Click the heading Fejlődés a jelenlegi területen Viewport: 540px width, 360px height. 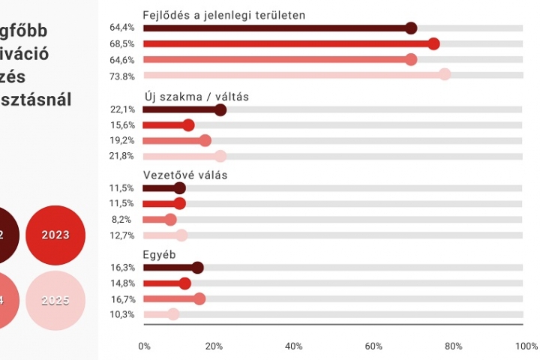pos(223,15)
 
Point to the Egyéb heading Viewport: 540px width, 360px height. pos(159,254)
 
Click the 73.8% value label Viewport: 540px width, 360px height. pos(122,76)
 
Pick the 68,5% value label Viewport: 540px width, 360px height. pos(122,44)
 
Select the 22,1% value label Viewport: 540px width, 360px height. pos(122,110)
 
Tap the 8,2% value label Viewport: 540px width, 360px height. pos(124,220)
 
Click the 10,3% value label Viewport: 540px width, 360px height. pos(122,314)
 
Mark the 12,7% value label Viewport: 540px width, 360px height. pos(122,235)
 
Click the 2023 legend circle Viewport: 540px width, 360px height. pos(55,235)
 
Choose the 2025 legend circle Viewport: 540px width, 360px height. pos(55,301)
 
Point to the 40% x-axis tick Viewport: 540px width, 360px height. pos(294,346)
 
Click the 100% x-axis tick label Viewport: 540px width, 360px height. pos(527,346)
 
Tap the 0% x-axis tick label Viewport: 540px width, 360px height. pos(145,346)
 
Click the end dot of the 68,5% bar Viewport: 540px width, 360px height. pos(433,43)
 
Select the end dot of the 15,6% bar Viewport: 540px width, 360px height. pos(188,125)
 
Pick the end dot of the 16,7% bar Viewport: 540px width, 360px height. pos(199,298)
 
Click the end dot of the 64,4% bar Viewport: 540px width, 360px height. pos(411,28)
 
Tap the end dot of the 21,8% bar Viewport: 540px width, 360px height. pos(220,156)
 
